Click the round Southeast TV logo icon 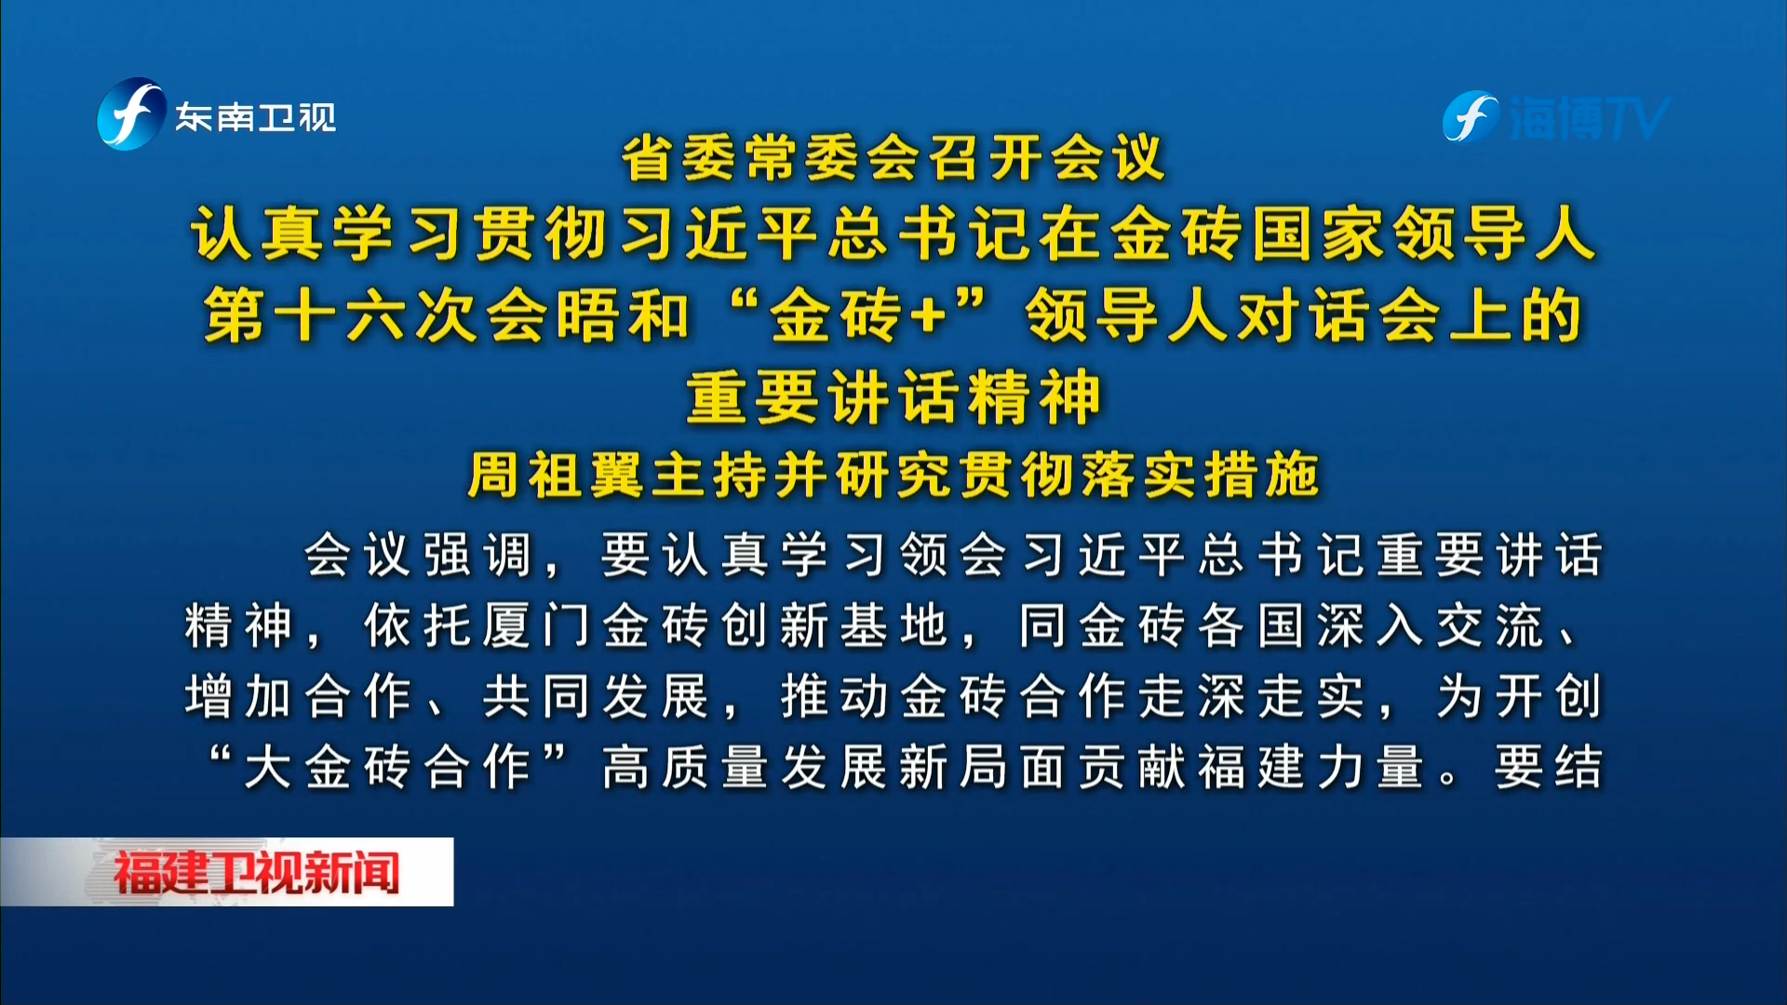click(131, 114)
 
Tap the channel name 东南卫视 click(256, 117)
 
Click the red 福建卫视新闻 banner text click(256, 873)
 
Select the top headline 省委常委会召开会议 click(893, 157)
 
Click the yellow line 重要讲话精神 click(893, 397)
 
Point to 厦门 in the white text click(536, 625)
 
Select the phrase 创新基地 click(834, 625)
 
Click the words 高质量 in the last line click(685, 768)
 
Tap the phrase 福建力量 click(1310, 768)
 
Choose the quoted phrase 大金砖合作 click(387, 768)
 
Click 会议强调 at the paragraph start click(417, 556)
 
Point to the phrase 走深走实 click(1251, 697)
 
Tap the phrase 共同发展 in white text click(596, 697)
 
